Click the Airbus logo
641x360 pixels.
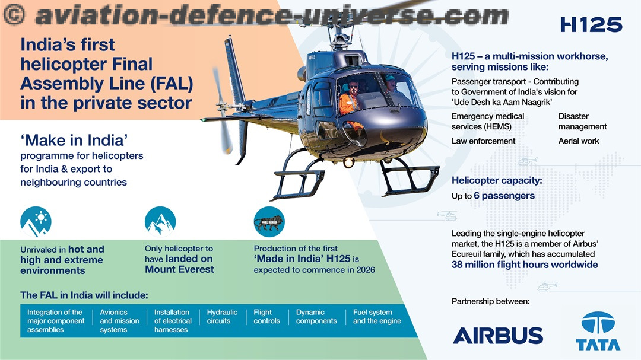pos(498,336)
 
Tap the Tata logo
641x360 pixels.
pos(598,331)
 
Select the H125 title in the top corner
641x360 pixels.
pos(591,25)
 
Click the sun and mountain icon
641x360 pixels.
pos(36,222)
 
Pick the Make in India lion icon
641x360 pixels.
pos(269,222)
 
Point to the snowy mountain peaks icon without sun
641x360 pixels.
pos(160,222)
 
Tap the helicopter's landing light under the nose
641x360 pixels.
pos(349,163)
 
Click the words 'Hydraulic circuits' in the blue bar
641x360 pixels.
pos(222,317)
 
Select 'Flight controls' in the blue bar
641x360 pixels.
pos(266,317)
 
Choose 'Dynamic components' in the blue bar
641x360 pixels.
pos(316,317)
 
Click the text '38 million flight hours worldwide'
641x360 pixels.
pos(525,265)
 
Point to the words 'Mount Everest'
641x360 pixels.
pos(179,270)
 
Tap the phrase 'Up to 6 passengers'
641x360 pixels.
pos(493,196)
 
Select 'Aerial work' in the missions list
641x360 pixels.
pos(579,141)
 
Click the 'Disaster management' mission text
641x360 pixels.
pos(583,122)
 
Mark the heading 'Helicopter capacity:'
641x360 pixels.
pos(497,181)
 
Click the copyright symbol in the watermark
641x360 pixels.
pos(14,15)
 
